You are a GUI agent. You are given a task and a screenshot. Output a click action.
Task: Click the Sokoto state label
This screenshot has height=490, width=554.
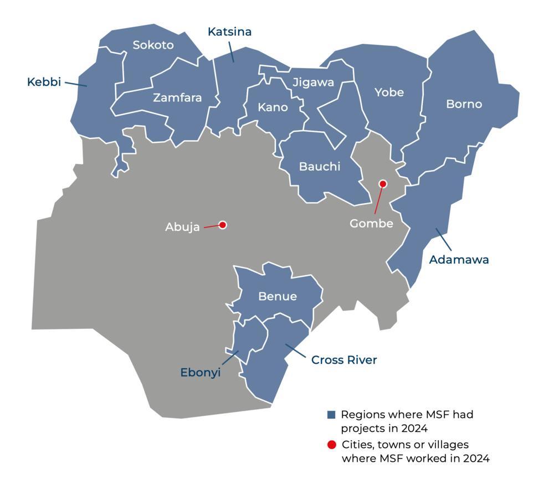coord(153,45)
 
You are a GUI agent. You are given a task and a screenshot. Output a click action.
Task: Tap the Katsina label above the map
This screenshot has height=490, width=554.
coord(229,32)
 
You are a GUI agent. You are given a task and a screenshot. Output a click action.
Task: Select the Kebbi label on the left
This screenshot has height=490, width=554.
coord(44,82)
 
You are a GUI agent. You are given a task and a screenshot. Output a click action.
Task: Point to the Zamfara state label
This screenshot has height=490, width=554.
coord(177,98)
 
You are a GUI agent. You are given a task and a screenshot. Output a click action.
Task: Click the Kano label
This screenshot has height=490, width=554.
coord(273,107)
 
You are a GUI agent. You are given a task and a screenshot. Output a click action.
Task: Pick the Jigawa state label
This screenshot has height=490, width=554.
coord(313,83)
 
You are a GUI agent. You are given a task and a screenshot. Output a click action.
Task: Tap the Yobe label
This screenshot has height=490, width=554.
coord(389,92)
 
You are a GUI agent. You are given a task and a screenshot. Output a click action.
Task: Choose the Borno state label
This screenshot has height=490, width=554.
coord(464,104)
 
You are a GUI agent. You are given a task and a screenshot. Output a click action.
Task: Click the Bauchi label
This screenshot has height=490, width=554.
coord(320,167)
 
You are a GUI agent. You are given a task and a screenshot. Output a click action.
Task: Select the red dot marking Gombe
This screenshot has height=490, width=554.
coord(382,184)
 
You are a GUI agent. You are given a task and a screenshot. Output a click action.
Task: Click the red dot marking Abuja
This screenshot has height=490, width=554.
coord(223,225)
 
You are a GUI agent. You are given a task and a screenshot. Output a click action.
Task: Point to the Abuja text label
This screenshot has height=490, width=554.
coord(182,227)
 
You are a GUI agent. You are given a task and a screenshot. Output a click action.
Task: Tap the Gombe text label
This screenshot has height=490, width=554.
coord(371,224)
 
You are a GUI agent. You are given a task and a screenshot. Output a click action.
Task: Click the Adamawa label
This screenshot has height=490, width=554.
coord(459,260)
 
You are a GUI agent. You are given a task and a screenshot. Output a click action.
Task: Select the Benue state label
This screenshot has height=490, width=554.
coord(278,297)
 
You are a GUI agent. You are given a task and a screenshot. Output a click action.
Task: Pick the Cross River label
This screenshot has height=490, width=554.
coord(344,360)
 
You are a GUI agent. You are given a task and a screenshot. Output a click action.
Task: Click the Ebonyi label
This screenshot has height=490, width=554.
coord(201,373)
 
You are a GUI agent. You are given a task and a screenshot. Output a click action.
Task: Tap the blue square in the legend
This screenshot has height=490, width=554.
coord(331,415)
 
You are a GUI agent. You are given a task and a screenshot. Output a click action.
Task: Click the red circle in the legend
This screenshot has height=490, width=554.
coord(331,445)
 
